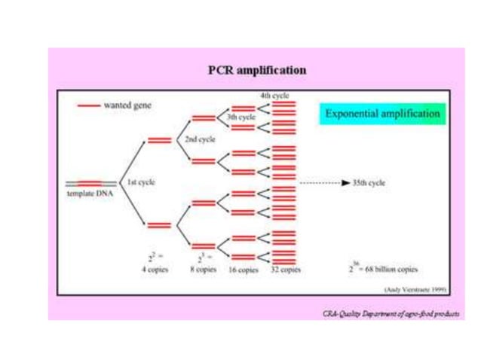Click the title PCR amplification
click(257, 70)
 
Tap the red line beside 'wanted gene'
click(87, 106)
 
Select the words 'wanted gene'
click(127, 106)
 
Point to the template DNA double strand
click(90, 183)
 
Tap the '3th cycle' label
click(242, 117)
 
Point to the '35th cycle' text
click(369, 182)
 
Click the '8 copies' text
click(203, 268)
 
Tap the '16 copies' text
click(243, 269)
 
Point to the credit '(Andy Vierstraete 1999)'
click(415, 288)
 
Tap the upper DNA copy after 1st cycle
click(159, 139)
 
